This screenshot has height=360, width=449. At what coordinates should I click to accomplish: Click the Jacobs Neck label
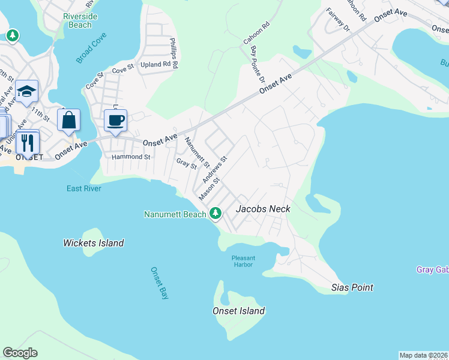[x=263, y=209]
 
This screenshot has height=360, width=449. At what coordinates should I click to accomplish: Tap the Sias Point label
[x=352, y=287]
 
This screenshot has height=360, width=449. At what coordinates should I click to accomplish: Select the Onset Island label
[x=238, y=311]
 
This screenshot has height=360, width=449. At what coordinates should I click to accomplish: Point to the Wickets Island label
[x=94, y=243]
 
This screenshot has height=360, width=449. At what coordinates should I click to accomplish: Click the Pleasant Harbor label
[x=244, y=261]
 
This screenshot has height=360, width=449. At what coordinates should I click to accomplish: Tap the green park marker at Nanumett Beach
[x=215, y=214]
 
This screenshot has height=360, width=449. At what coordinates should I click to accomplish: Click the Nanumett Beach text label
[x=174, y=214]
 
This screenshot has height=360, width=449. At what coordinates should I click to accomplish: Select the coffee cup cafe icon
[x=115, y=120]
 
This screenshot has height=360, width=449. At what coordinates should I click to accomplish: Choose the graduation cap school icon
[x=26, y=92]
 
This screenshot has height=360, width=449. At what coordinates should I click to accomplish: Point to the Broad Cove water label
[x=91, y=52]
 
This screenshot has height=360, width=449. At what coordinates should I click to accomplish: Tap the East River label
[x=83, y=188]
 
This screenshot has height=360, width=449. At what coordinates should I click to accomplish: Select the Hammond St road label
[x=131, y=157]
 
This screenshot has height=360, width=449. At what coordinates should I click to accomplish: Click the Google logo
[x=20, y=353]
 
